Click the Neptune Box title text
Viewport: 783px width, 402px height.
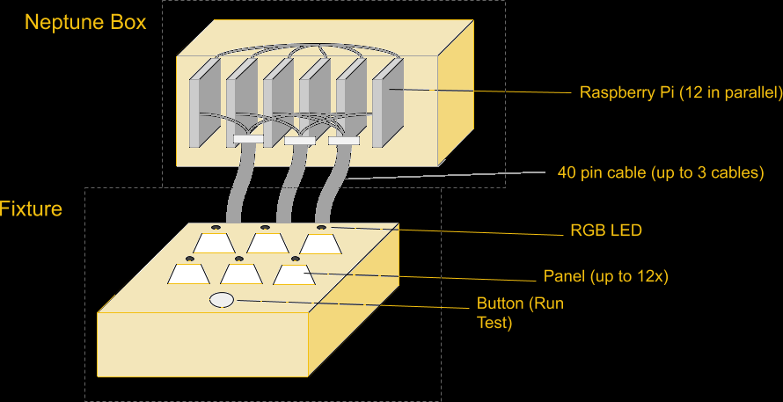pyautogui.click(x=85, y=22)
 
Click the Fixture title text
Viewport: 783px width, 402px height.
pyautogui.click(x=31, y=209)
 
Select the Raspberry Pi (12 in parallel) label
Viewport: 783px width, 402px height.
pyautogui.click(x=680, y=92)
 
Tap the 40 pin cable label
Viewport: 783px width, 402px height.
pyautogui.click(x=660, y=172)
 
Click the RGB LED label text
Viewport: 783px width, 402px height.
pyautogui.click(x=606, y=231)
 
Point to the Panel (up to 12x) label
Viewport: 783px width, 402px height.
pyautogui.click(x=606, y=276)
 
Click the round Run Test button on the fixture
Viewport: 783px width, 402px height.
pyautogui.click(x=222, y=300)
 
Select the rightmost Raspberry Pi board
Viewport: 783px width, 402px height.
pyautogui.click(x=387, y=102)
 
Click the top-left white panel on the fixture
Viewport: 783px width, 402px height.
pyautogui.click(x=215, y=242)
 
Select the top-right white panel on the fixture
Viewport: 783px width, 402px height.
pyautogui.click(x=320, y=243)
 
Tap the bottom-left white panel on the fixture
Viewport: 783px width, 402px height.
pyautogui.click(x=189, y=274)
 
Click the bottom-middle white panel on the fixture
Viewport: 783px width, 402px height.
pyautogui.click(x=238, y=274)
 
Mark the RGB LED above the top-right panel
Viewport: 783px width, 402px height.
pyautogui.click(x=321, y=228)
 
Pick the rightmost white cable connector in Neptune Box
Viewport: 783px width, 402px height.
pyautogui.click(x=344, y=140)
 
